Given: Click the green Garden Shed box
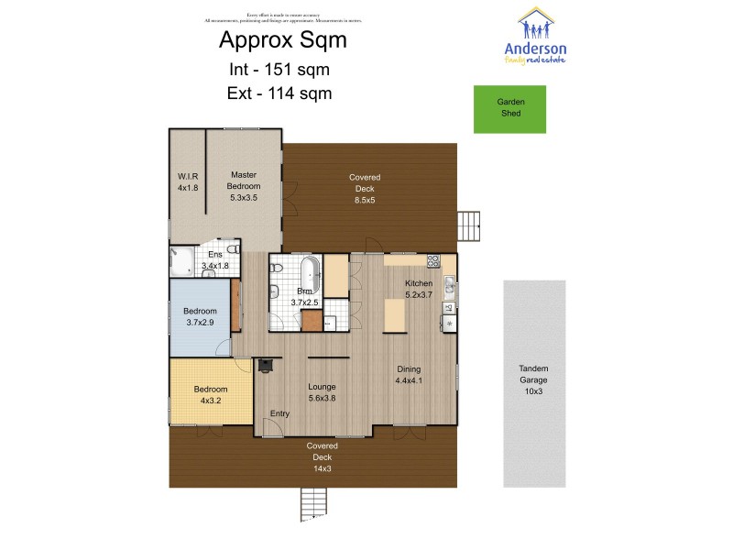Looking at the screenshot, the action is pyautogui.click(x=509, y=108).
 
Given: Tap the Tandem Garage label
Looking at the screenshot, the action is pyautogui.click(x=533, y=379).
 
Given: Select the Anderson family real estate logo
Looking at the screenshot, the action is pyautogui.click(x=536, y=37).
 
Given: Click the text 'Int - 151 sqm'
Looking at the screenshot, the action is pyautogui.click(x=279, y=69).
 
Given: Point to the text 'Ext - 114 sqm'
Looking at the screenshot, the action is pyautogui.click(x=279, y=93).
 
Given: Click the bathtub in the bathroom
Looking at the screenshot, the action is pyautogui.click(x=309, y=272).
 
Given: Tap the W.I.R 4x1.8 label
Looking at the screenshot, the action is pyautogui.click(x=188, y=181).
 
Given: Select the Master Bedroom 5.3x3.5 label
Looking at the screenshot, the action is pyautogui.click(x=243, y=186).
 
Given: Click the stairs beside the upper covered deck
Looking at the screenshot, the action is pyautogui.click(x=468, y=225).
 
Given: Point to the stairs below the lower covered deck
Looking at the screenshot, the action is pyautogui.click(x=313, y=504).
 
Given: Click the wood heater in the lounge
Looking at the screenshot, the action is pyautogui.click(x=266, y=366).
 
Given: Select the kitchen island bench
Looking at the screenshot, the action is pyautogui.click(x=395, y=316).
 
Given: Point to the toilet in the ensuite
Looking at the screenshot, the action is pyautogui.click(x=233, y=249).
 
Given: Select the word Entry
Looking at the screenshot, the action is pyautogui.click(x=279, y=413).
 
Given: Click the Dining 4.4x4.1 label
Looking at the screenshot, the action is pyautogui.click(x=409, y=374).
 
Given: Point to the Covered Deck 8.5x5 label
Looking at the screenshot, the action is pyautogui.click(x=365, y=183).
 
